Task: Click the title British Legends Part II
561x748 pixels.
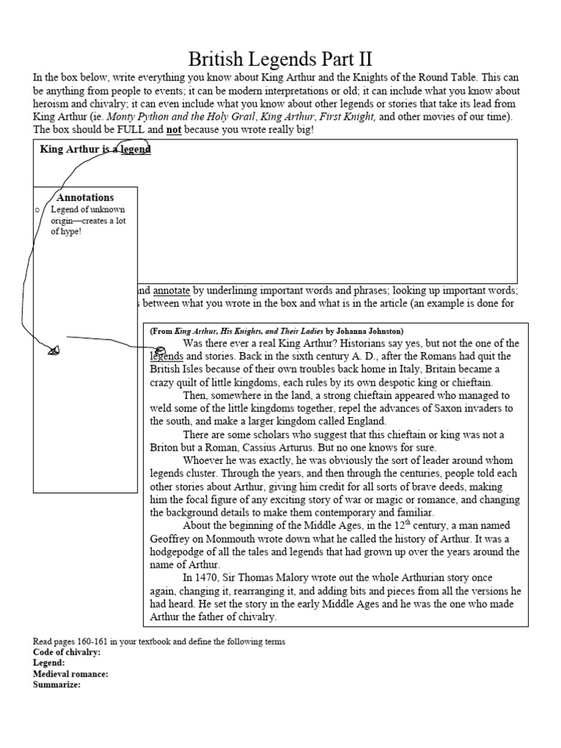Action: pyautogui.click(x=280, y=58)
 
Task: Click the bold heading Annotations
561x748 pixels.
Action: pyautogui.click(x=85, y=197)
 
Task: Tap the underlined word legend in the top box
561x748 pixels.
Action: pyautogui.click(x=136, y=150)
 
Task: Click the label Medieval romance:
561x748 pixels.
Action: pyautogui.click(x=71, y=673)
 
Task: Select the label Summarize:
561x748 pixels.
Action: pyautogui.click(x=57, y=684)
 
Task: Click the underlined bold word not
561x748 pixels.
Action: pyautogui.click(x=174, y=129)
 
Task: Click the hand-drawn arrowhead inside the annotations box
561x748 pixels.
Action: pyautogui.click(x=53, y=351)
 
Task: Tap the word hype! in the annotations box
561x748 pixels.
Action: pyautogui.click(x=66, y=232)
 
